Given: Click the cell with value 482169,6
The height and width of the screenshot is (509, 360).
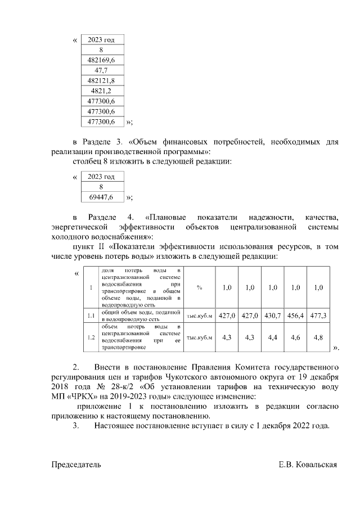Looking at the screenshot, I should click(x=101, y=60).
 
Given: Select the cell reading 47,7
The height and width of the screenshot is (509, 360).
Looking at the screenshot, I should click(x=101, y=70).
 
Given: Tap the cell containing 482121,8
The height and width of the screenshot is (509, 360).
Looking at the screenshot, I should click(x=101, y=80).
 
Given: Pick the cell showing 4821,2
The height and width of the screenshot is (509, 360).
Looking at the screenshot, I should click(x=101, y=91).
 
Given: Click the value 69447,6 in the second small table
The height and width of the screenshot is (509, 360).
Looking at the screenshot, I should click(x=101, y=197).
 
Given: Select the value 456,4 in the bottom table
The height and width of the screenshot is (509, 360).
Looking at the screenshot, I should click(x=295, y=316).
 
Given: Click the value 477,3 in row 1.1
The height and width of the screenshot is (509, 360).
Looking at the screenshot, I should click(x=318, y=316).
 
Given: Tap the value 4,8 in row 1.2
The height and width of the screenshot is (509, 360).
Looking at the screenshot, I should click(x=318, y=337).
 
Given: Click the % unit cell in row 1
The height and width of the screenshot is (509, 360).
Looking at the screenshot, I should click(x=200, y=288).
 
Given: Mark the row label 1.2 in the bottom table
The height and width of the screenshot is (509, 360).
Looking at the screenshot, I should click(x=91, y=337).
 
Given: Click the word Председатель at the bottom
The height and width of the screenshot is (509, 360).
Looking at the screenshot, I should click(x=76, y=465).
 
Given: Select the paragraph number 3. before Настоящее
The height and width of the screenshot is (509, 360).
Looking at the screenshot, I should click(x=76, y=426).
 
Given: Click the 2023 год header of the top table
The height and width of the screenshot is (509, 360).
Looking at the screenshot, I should click(x=101, y=39).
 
